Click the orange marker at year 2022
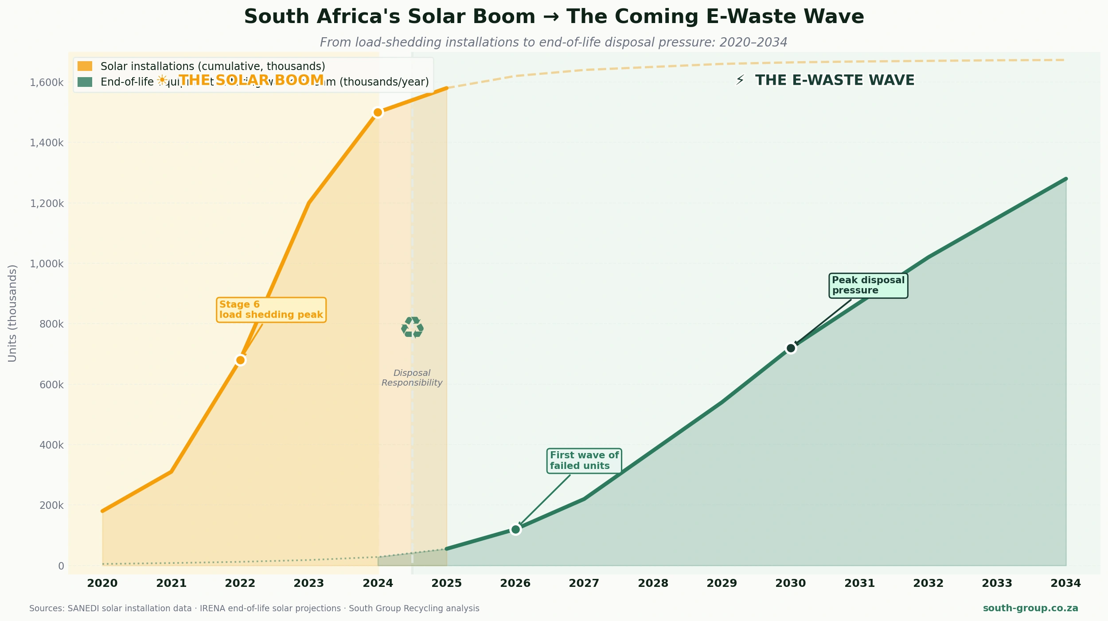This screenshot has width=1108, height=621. coord(240,360)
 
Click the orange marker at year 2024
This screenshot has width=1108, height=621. coord(378,113)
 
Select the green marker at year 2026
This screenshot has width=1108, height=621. coord(515,529)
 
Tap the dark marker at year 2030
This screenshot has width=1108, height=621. coord(791,348)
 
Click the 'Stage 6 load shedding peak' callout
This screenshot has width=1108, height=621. coord(271,310)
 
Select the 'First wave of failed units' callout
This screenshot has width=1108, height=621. coord(584,461)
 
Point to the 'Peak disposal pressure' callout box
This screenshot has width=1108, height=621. coord(868,285)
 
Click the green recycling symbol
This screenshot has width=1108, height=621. coord(412,328)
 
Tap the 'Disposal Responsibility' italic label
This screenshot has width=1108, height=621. coord(412,378)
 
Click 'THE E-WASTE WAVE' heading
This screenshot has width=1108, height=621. coord(835,80)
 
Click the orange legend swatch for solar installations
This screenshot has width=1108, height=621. coord(85,66)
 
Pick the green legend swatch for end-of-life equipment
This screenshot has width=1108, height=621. coord(85,82)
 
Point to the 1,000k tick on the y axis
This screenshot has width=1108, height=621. coord(47,264)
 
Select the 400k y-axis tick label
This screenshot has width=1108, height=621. coord(51,445)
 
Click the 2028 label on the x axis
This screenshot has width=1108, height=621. coord(653,583)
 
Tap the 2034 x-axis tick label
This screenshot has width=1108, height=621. coord(1065,583)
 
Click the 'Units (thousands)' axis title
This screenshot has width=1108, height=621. coord(12,313)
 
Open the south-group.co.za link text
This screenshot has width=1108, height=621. coord(1030,608)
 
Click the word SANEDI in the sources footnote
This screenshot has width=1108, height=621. coord(83,609)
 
